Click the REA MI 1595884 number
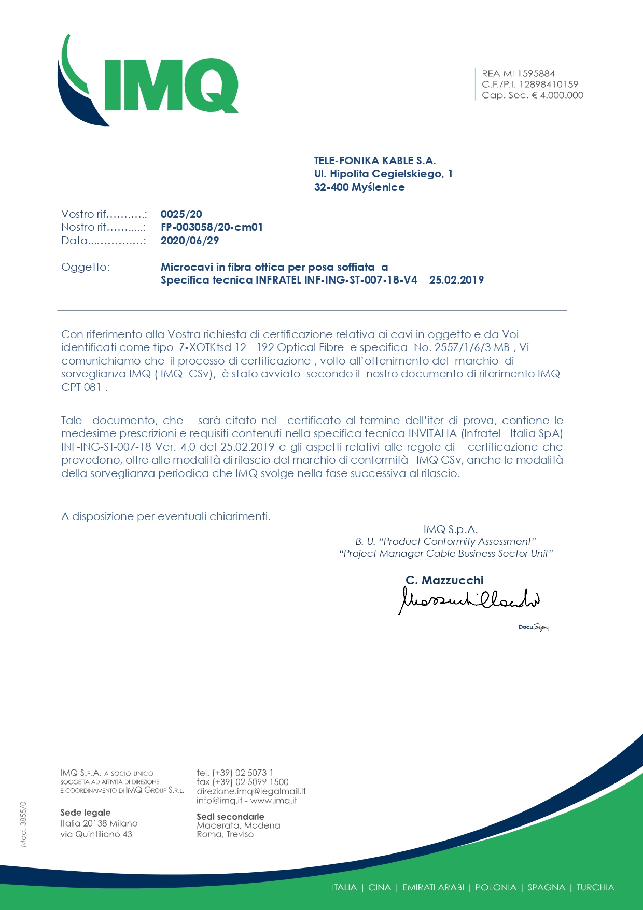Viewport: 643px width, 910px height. coord(518,74)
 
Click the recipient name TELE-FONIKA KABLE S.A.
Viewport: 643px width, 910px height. coord(374,161)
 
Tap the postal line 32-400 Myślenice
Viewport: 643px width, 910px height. coord(359,187)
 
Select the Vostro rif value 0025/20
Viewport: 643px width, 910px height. coord(181,214)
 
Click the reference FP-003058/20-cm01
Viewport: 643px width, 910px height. coord(212,227)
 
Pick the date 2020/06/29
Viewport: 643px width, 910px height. coord(190,241)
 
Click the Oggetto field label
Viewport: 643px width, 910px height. coord(86,268)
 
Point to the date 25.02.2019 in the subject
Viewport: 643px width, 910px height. coord(456,281)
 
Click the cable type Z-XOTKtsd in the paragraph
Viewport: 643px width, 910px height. coord(205,347)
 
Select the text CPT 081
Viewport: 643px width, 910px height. coord(81,387)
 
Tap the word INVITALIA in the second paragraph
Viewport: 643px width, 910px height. coord(432,433)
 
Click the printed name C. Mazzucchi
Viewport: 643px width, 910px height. coord(444,580)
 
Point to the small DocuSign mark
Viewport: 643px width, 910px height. coord(533,627)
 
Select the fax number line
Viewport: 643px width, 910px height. coord(242,782)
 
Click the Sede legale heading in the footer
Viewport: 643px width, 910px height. coord(85,813)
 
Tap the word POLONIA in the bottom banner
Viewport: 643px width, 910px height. coord(496,887)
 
